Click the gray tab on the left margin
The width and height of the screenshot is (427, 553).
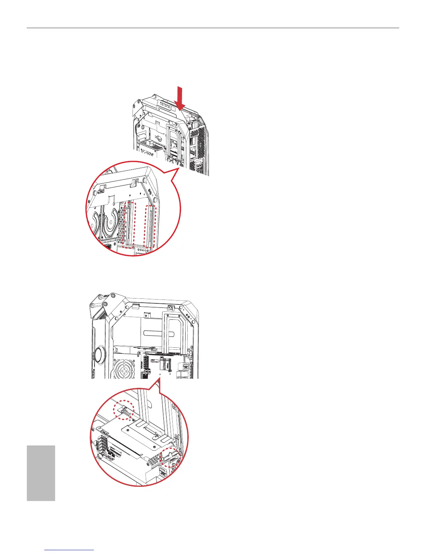coord(41,473)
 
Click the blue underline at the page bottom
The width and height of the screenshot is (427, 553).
coord(70,550)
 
